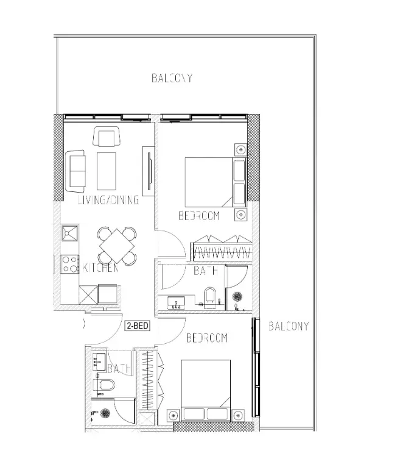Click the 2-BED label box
click(x=138, y=326)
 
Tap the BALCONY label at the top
click(x=172, y=78)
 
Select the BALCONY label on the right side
click(x=289, y=326)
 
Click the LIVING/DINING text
click(x=108, y=200)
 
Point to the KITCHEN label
click(x=100, y=268)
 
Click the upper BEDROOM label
click(x=199, y=216)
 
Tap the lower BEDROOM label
click(x=206, y=338)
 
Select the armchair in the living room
click(x=107, y=137)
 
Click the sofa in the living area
click(x=76, y=170)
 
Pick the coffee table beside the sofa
click(x=107, y=171)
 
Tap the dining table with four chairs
click(x=118, y=245)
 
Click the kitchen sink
click(x=69, y=232)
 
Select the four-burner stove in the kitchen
click(x=69, y=263)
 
